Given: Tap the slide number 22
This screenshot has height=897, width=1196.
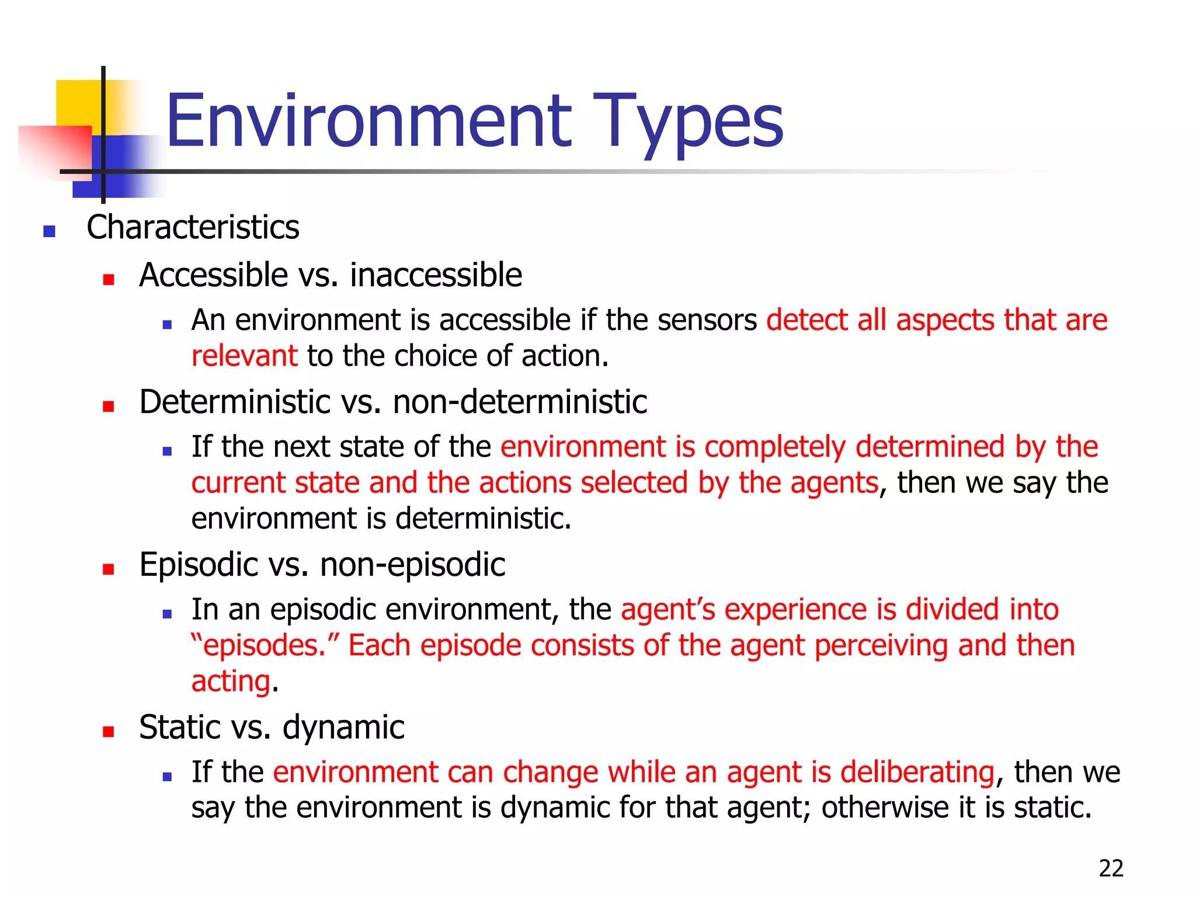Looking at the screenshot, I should click(1111, 868).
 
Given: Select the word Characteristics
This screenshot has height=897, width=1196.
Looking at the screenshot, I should click(193, 227).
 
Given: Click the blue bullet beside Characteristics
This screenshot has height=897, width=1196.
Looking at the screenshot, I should click(50, 232).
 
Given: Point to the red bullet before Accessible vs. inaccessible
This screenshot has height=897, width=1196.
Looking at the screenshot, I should click(109, 279).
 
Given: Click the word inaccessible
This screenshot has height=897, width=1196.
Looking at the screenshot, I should click(436, 275).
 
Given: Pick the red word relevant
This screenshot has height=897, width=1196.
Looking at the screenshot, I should click(245, 356).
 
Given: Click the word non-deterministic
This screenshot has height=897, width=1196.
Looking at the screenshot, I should click(520, 402).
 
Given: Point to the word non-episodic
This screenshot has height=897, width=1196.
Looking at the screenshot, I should click(412, 565).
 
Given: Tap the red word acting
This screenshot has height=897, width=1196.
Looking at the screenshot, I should click(231, 682).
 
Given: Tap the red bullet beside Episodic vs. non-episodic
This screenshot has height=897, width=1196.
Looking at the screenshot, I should click(109, 569).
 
